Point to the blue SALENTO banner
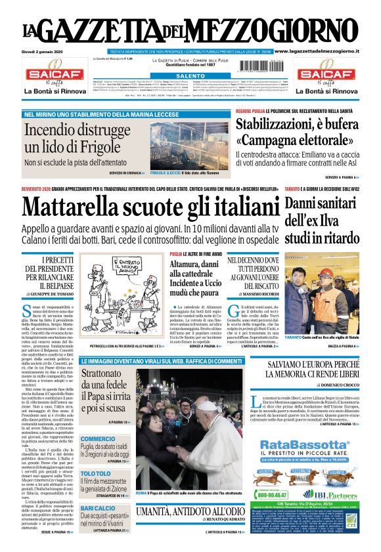click(x=190, y=76)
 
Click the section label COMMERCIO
click(x=98, y=438)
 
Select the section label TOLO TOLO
click(x=96, y=473)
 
